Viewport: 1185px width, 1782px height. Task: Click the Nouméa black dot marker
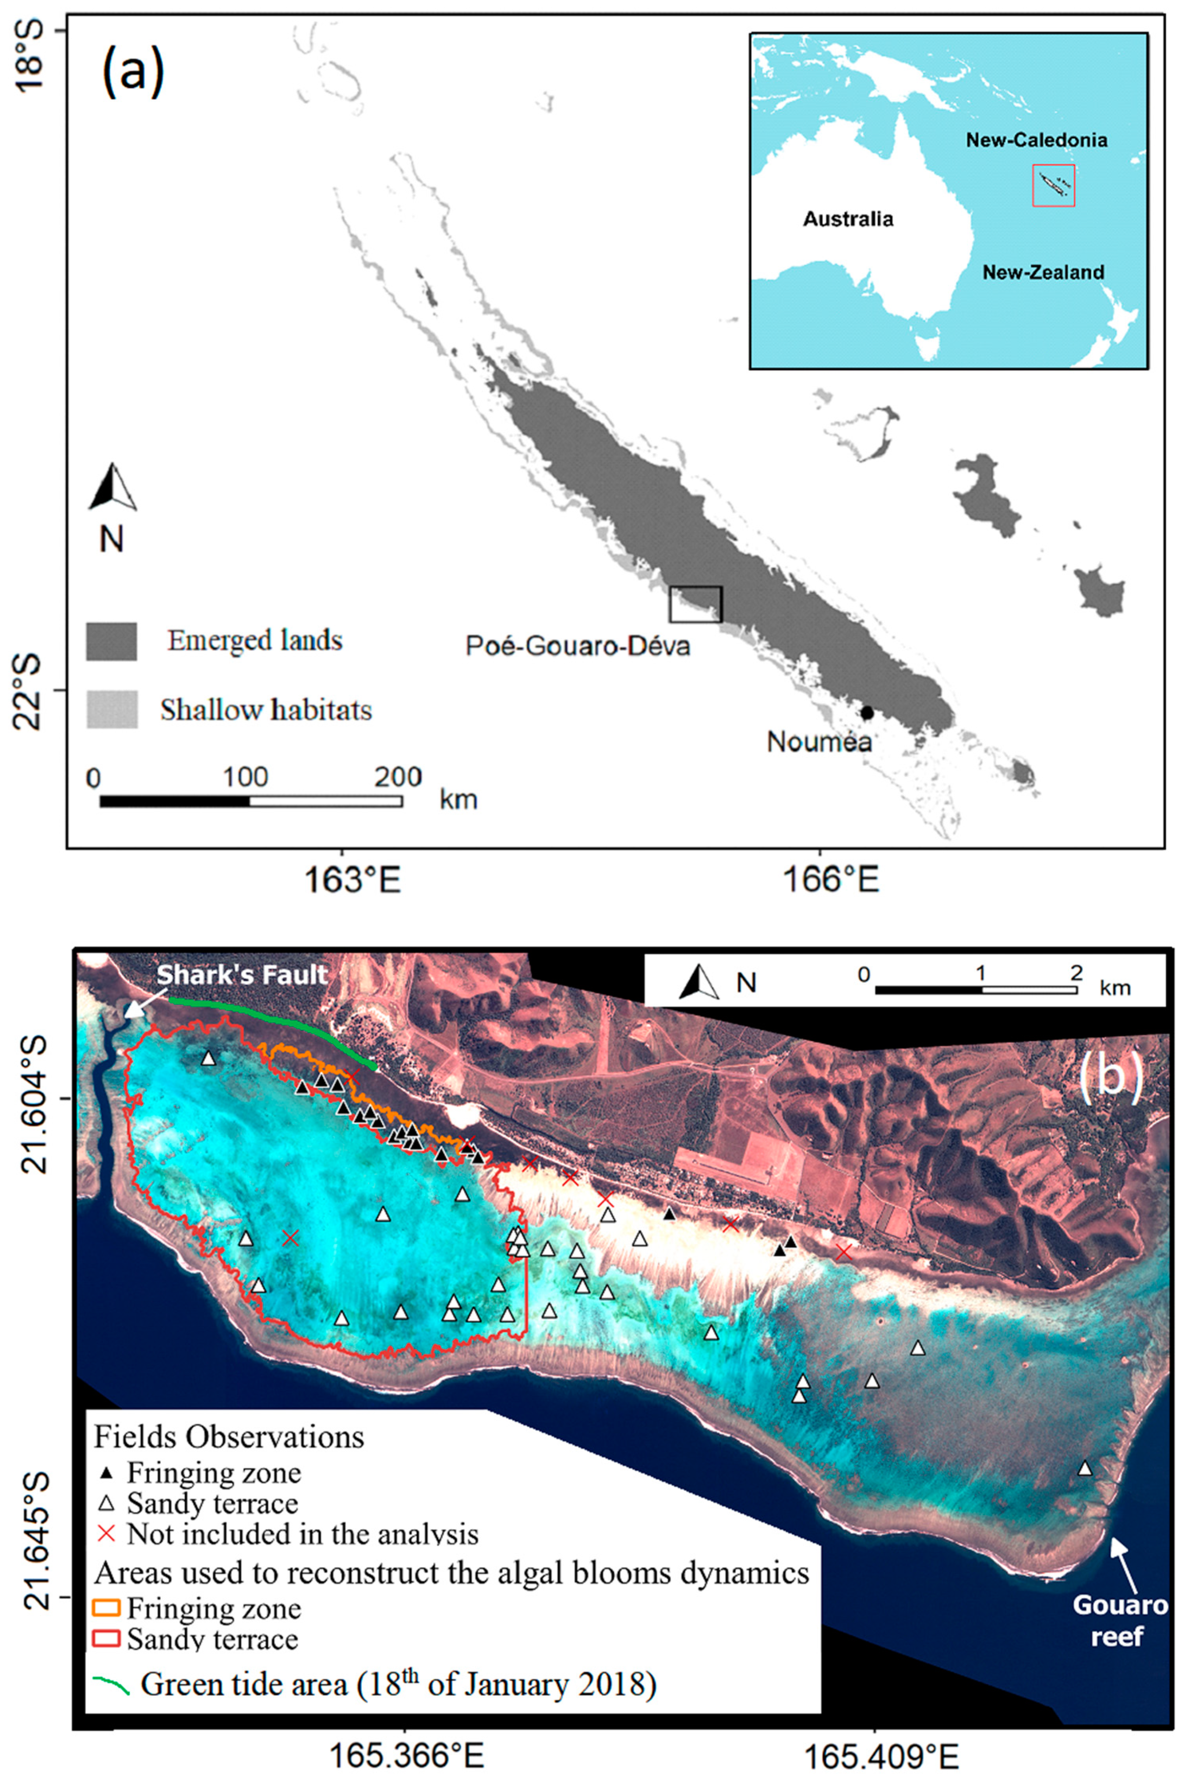867,713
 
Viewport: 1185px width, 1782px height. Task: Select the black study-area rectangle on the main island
695,604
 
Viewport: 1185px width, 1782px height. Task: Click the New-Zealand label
1043,272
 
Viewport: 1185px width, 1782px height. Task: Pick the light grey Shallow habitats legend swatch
112,709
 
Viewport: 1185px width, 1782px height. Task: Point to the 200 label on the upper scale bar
398,778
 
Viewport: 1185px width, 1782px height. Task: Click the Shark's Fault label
242,975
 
